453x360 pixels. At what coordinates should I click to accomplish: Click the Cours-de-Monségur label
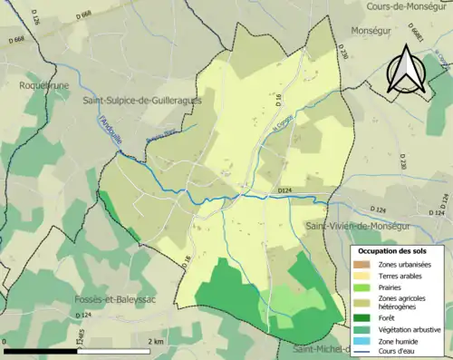coord(409,7)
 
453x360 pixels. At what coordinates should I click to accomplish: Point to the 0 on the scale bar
coord(5,342)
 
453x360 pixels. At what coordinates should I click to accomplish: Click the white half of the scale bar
coord(114,351)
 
